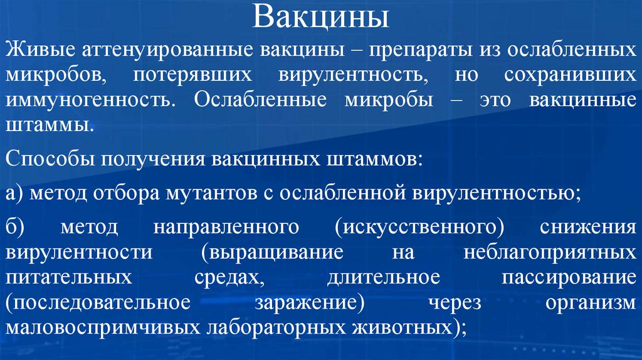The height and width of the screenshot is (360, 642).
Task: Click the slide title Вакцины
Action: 320,17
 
